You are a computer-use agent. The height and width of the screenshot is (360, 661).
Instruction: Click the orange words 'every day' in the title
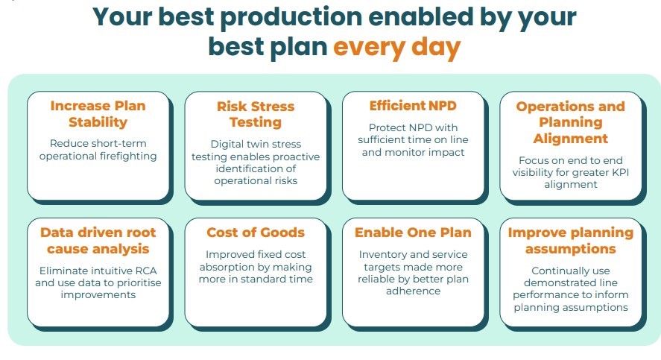click(396, 47)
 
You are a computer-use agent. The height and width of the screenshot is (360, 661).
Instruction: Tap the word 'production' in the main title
click(291, 17)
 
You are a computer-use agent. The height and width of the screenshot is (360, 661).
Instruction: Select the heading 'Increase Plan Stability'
click(98, 114)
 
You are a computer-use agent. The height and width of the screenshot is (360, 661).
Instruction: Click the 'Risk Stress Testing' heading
click(256, 114)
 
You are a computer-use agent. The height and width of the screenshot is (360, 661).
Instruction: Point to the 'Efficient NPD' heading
click(413, 106)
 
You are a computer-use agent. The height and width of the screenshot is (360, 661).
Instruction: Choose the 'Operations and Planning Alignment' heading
click(570, 122)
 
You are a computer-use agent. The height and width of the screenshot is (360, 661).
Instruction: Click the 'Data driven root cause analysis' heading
click(98, 241)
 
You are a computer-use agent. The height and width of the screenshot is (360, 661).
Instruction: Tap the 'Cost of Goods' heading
click(256, 233)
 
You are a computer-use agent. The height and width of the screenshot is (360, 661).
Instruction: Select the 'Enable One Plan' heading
click(413, 233)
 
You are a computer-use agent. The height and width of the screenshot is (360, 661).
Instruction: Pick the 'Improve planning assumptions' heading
click(570, 241)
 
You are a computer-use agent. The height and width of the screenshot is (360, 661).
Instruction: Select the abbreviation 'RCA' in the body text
click(146, 271)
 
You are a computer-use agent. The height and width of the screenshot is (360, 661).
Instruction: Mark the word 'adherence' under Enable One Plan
click(413, 291)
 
